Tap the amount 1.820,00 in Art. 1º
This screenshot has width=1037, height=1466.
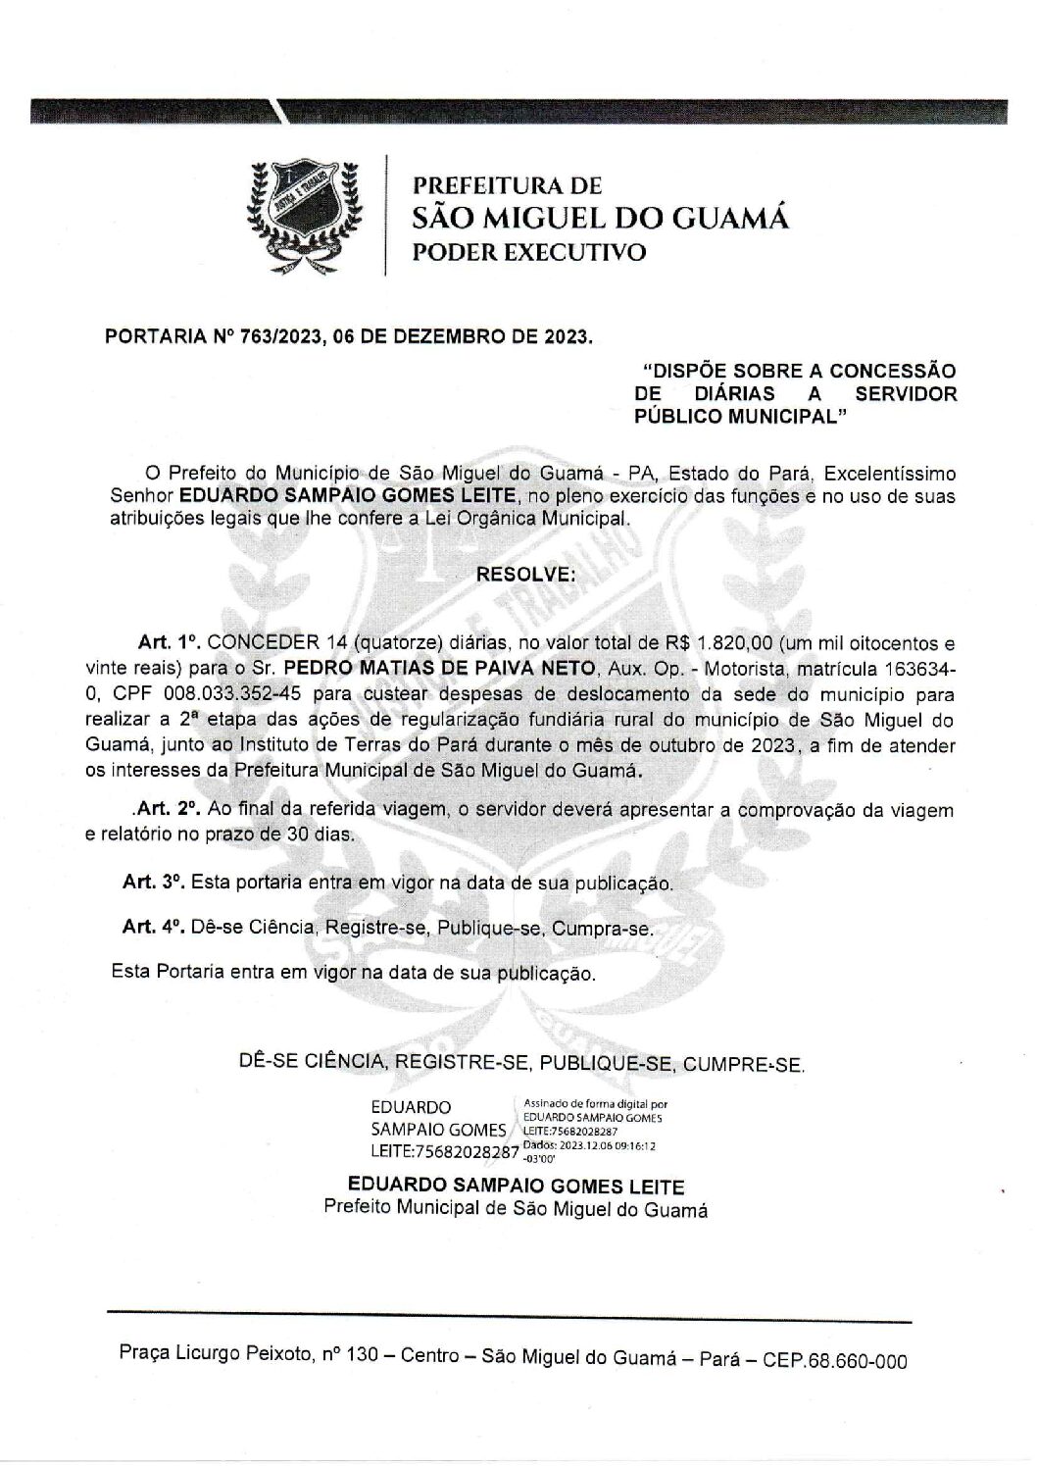[x=735, y=644]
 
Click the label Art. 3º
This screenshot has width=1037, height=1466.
[x=154, y=882]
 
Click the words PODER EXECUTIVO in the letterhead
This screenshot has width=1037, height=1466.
[x=530, y=252]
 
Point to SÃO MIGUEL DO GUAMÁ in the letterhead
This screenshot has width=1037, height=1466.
[x=600, y=217]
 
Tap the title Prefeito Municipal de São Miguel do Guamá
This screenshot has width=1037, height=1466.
[x=516, y=1209]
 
